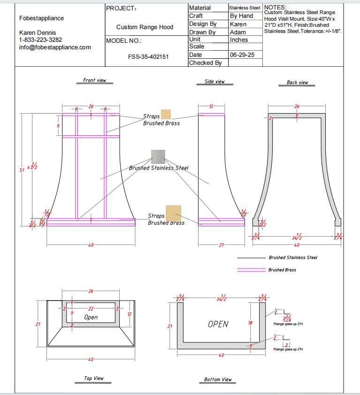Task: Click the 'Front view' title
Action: click(x=94, y=80)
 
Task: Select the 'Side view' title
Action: click(x=214, y=82)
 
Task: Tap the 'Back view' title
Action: click(x=297, y=83)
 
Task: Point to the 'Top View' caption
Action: click(x=94, y=379)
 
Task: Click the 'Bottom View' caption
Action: click(x=218, y=380)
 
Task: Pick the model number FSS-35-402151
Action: click(x=148, y=56)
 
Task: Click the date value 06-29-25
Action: click(x=242, y=55)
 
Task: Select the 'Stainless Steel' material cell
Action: click(x=245, y=8)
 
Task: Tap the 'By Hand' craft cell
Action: click(x=241, y=16)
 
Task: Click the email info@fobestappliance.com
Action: click(x=55, y=47)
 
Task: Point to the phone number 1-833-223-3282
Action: click(x=40, y=40)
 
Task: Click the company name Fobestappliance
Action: click(x=42, y=18)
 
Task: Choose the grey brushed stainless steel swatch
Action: click(x=158, y=156)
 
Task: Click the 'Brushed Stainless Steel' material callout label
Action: click(x=159, y=168)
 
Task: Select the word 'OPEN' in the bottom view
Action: click(x=218, y=324)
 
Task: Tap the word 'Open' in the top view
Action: click(x=91, y=318)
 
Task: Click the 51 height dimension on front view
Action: click(x=22, y=170)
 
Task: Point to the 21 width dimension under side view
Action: click(x=221, y=245)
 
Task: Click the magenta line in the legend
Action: click(x=251, y=270)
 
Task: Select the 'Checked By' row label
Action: click(x=205, y=63)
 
